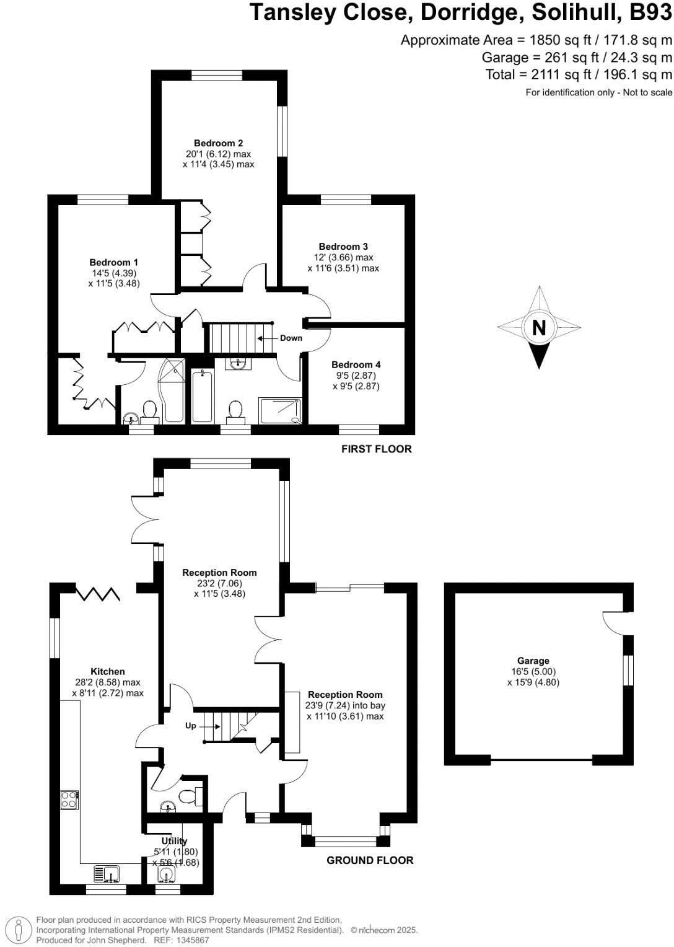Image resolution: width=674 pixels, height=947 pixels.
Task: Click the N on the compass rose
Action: pos(539,327)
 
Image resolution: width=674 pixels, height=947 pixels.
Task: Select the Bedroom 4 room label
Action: pos(356,364)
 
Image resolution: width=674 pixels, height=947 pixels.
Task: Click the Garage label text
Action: pos(533,661)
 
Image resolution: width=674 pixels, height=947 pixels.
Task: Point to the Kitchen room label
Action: pos(108,671)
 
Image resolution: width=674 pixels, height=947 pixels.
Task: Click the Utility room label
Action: pos(174,841)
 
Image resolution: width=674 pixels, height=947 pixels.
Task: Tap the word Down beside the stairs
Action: pos(291,338)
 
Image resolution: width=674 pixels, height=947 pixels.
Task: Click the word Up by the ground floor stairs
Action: pos(191,725)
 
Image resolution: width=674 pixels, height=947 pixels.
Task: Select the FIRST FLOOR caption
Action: pos(376,449)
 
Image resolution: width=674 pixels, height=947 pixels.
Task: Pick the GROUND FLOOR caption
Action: pos(370,860)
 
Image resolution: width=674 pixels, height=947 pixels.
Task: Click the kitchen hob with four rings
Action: pos(69,800)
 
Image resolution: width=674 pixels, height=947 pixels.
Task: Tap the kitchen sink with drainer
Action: pos(107,874)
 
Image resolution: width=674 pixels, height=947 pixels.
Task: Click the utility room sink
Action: pos(167,874)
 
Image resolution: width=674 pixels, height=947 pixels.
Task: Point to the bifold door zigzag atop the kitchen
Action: pos(97,593)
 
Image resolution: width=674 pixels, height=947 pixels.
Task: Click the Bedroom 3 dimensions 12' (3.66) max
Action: pos(343,257)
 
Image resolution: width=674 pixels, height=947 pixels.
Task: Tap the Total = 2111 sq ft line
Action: pos(578,75)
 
